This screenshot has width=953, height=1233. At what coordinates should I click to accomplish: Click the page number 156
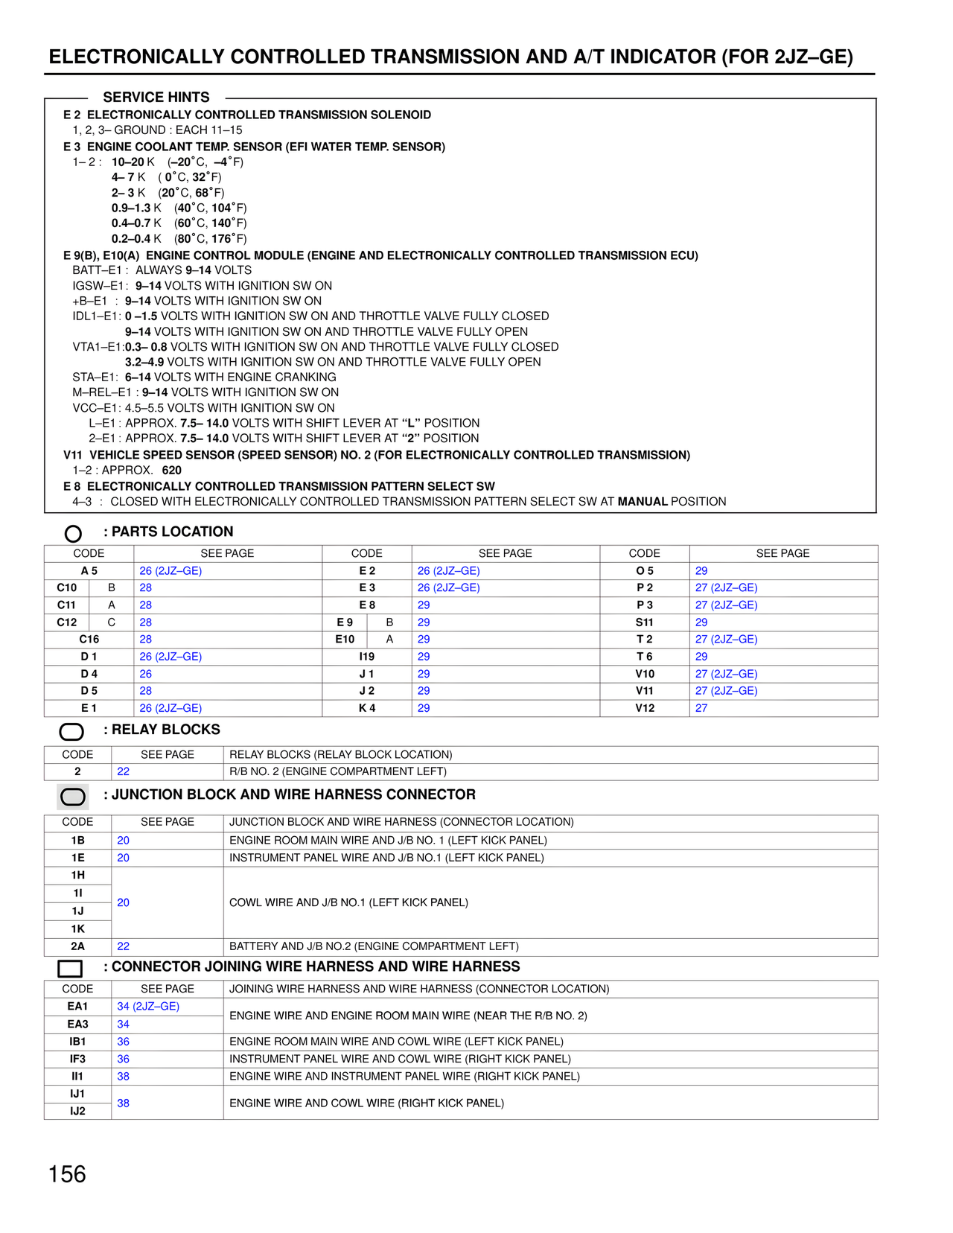67,1174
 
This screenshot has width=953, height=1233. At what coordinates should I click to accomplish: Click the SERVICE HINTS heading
156,98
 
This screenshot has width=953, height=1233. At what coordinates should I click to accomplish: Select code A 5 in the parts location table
89,571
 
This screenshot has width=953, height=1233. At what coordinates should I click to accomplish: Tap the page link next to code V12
701,708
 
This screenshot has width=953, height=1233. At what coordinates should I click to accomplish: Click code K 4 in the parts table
367,708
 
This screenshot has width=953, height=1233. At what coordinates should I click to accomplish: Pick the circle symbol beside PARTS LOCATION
73,533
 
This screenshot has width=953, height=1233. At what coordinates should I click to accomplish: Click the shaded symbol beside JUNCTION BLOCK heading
73,797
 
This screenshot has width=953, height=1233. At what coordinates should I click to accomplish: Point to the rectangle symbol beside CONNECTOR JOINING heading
70,969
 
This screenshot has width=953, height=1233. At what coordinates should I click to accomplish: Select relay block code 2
77,771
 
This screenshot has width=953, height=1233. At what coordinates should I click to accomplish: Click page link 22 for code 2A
124,946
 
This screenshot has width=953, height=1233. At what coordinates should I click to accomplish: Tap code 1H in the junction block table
77,875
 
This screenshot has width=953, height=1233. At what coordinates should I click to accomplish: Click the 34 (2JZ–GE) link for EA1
148,1007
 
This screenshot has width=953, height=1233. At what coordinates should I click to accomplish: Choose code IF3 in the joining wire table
77,1059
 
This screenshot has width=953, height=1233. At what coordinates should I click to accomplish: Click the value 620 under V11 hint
171,470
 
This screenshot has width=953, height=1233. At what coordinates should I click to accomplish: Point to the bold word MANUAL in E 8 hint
643,502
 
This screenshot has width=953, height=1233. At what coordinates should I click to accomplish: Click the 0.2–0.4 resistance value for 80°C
132,239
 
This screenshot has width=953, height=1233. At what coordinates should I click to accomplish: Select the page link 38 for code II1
124,1076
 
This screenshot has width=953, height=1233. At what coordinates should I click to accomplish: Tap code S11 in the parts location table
645,622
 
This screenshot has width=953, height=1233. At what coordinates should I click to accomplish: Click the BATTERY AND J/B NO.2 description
374,946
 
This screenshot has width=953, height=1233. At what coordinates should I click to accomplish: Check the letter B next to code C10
112,588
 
